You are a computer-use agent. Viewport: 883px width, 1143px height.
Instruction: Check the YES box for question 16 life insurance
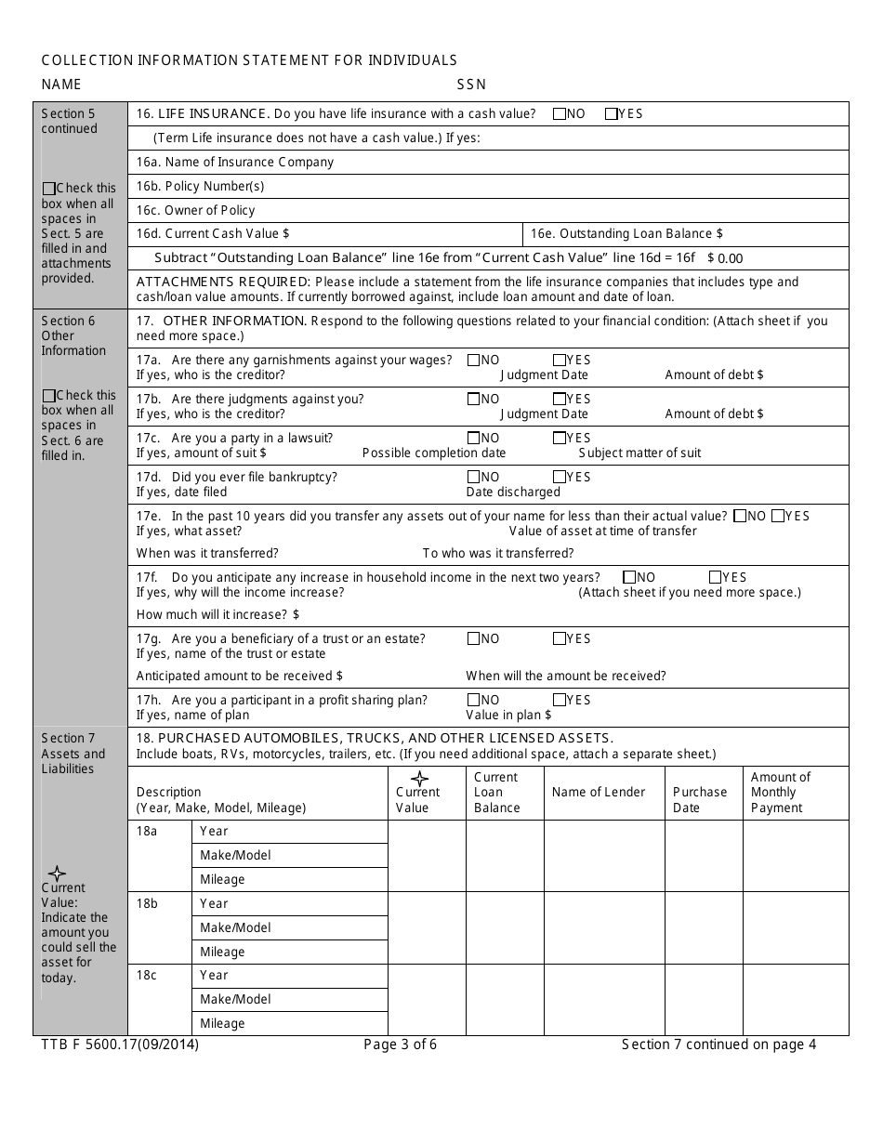coord(611,114)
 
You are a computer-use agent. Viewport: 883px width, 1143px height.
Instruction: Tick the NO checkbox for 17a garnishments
coord(474,360)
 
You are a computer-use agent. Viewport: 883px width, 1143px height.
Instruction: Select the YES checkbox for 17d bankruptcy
coord(560,477)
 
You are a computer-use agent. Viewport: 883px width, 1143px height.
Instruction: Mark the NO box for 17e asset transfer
coord(741,516)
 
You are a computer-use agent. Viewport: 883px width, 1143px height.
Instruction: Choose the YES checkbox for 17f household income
coord(716,577)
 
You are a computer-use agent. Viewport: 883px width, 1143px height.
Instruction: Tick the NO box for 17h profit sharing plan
coord(474,700)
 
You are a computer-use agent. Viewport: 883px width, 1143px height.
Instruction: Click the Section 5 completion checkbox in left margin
coord(49,188)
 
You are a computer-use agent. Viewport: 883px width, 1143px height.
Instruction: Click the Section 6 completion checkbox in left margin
coord(49,395)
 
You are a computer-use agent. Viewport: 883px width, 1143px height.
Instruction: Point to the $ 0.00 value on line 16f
coord(725,259)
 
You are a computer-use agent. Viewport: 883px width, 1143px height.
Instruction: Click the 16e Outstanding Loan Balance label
coord(626,234)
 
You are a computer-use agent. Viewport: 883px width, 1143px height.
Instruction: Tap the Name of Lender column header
coord(598,792)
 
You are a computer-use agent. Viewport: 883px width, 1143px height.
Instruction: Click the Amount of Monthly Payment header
coord(780,792)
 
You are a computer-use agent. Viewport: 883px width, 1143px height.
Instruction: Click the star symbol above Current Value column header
coord(420,779)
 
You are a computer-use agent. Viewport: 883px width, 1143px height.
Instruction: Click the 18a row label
coord(147,831)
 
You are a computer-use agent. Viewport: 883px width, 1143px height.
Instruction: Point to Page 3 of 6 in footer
coord(400,1044)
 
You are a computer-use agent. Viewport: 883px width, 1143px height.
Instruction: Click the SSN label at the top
coord(471,85)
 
